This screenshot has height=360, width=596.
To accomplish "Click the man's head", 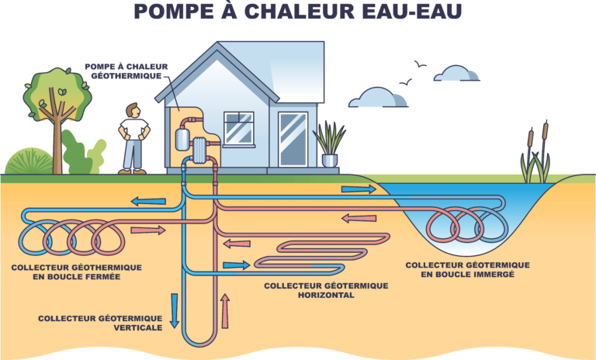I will [133, 111].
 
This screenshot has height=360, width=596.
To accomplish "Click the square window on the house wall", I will [239, 127].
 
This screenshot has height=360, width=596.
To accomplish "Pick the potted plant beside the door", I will [329, 147].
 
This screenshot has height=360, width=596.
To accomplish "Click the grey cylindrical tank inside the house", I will [184, 138].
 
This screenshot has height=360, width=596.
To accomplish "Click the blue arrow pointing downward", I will [175, 310].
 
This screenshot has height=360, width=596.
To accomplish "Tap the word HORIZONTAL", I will [326, 295].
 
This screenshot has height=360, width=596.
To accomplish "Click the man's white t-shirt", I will [133, 129].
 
